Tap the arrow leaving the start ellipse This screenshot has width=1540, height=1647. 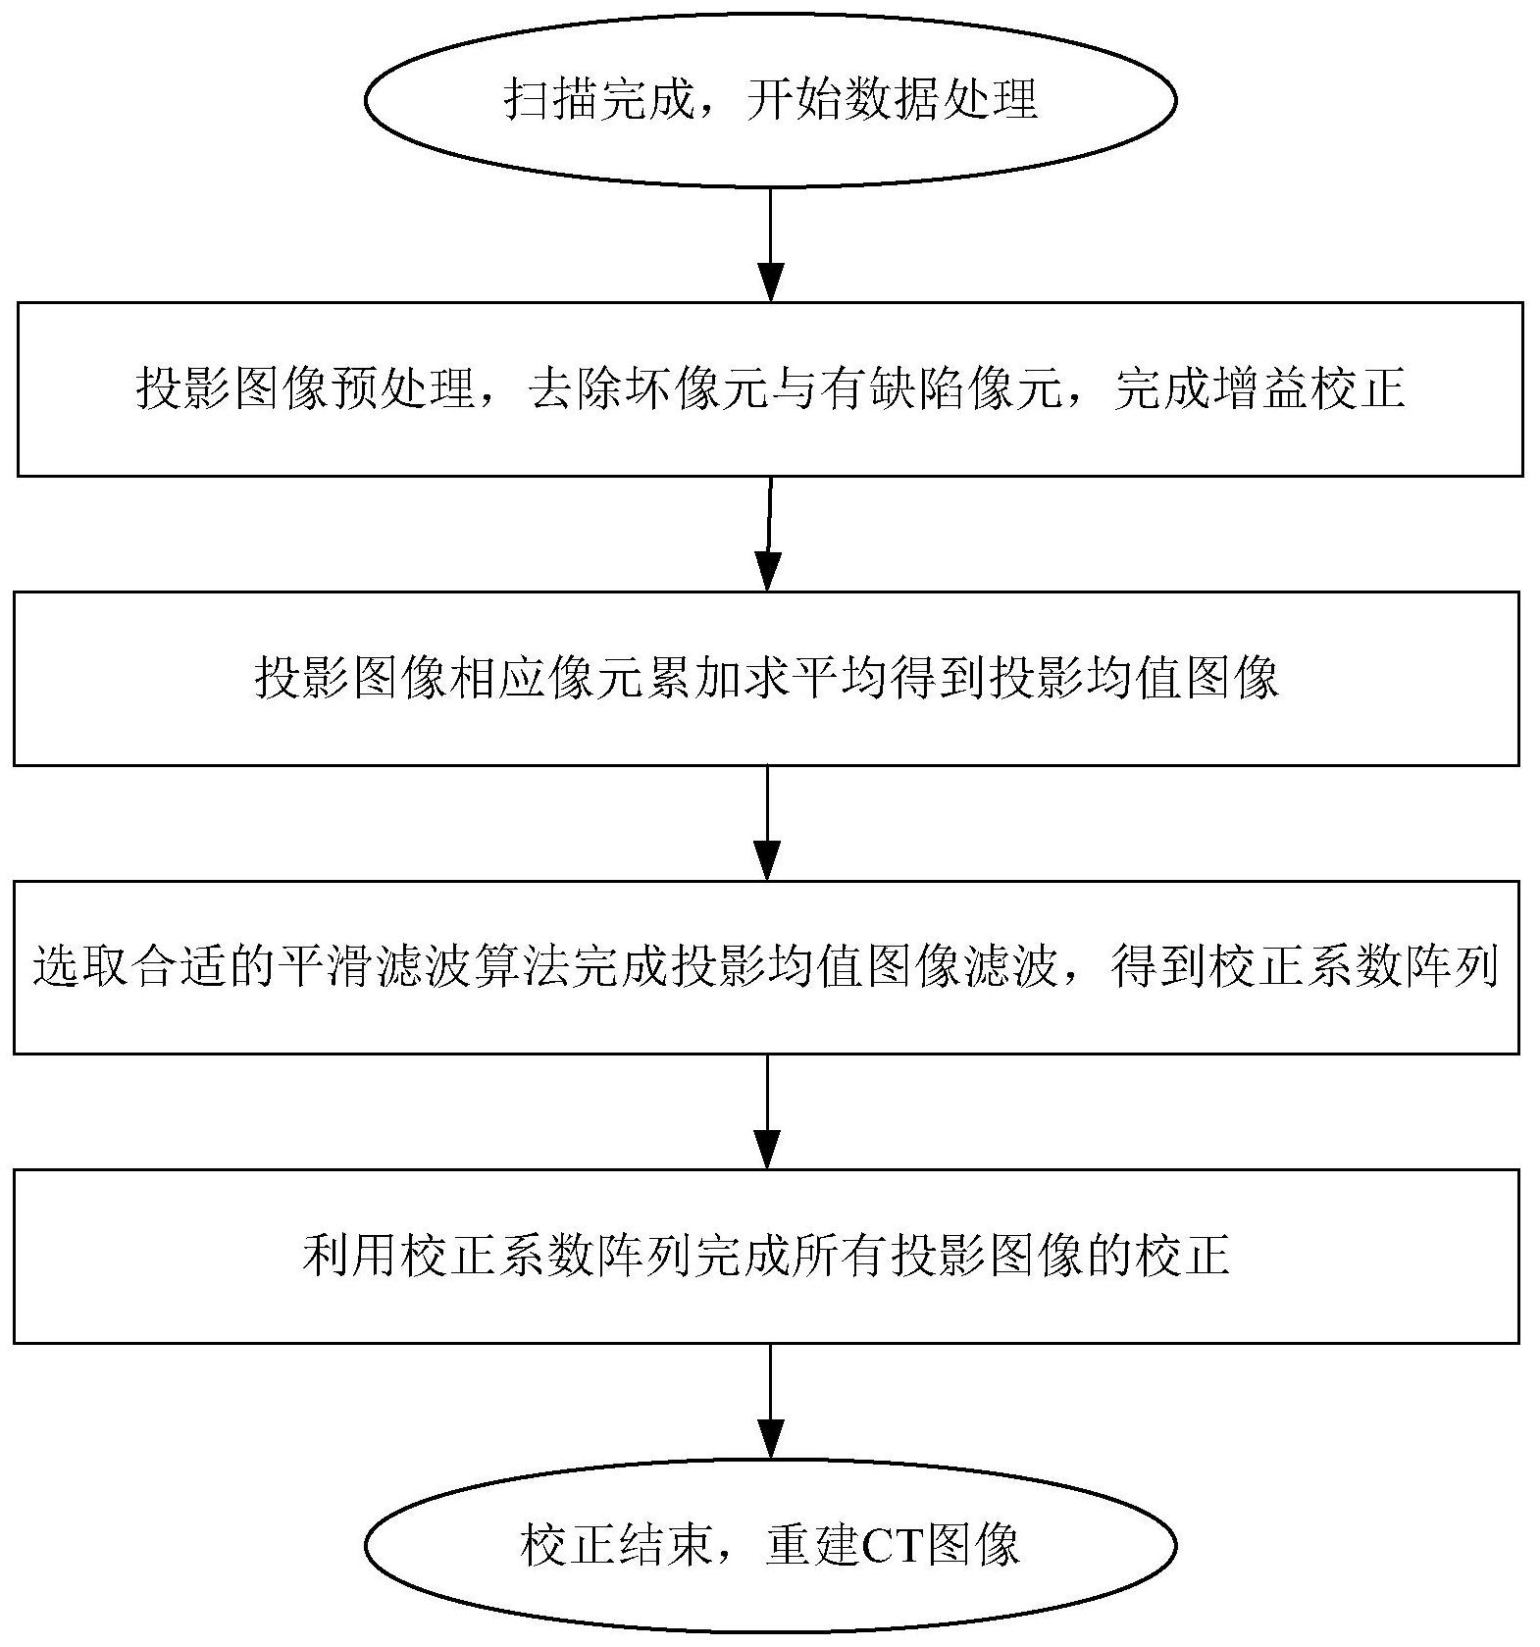click(771, 244)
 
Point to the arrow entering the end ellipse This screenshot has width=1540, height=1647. click(771, 1401)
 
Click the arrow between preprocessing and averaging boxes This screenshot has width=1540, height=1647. click(769, 534)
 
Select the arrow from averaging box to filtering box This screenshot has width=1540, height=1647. click(767, 823)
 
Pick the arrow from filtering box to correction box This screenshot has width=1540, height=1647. click(767, 1111)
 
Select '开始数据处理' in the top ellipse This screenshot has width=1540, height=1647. click(892, 99)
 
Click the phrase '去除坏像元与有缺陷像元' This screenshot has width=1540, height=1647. click(796, 389)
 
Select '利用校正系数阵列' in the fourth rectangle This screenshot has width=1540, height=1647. click(498, 1256)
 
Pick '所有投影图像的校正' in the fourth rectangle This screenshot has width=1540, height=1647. click(1011, 1256)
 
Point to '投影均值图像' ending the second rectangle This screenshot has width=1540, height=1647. click(1135, 679)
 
